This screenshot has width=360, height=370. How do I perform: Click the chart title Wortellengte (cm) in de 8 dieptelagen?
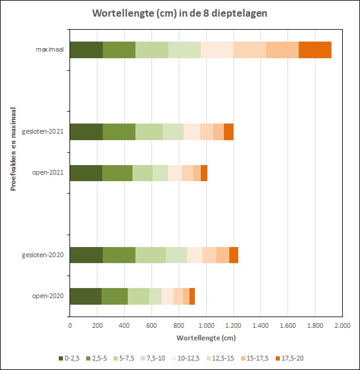pos(179,13)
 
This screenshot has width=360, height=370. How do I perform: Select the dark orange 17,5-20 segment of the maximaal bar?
pos(315,50)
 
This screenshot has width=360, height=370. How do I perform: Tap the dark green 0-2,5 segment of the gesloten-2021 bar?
pos(86,132)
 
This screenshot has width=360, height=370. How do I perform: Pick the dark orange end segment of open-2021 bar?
pos(204,173)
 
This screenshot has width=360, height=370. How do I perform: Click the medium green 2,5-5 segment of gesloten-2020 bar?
pos(119,255)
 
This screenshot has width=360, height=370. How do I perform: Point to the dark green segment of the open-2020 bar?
pos(86,296)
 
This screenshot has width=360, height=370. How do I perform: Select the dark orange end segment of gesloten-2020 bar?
pos(233,255)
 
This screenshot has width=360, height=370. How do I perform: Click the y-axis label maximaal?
pos(50,50)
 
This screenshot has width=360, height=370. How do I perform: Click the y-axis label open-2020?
pos(48,296)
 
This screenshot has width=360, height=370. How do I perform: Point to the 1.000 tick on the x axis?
pos(206,325)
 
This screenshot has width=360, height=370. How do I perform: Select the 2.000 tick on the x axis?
pos(342,325)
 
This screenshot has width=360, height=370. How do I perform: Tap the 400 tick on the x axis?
pos(124,325)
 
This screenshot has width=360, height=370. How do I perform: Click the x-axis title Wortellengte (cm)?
pos(206,337)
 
